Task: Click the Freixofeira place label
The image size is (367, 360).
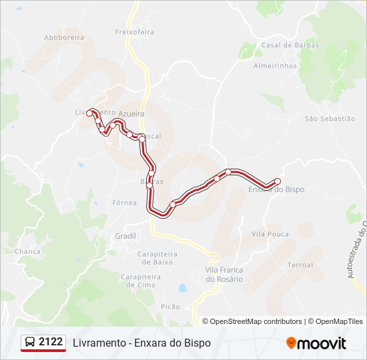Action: coord(134,31)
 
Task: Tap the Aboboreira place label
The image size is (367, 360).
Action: coord(64,38)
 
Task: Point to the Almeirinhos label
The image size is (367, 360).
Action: coord(275,66)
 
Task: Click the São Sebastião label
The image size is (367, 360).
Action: coord(330,119)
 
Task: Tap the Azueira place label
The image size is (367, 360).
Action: coord(131,115)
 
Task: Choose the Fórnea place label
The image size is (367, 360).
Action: coord(125,202)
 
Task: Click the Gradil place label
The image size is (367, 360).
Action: coord(125,236)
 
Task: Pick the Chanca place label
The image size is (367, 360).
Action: coord(27,251)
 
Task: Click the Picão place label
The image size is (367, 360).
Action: coord(170,306)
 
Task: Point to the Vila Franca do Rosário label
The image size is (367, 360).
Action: coord(224,274)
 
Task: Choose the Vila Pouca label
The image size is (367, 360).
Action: coord(270,234)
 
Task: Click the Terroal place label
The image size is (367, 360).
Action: coord(300,265)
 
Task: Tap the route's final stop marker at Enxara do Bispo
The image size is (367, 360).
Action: coord(278,181)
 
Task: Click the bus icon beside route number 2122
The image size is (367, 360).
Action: coord(31,343)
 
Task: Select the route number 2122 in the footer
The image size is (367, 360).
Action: coord(51,342)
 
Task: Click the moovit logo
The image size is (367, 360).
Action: coord(316,343)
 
